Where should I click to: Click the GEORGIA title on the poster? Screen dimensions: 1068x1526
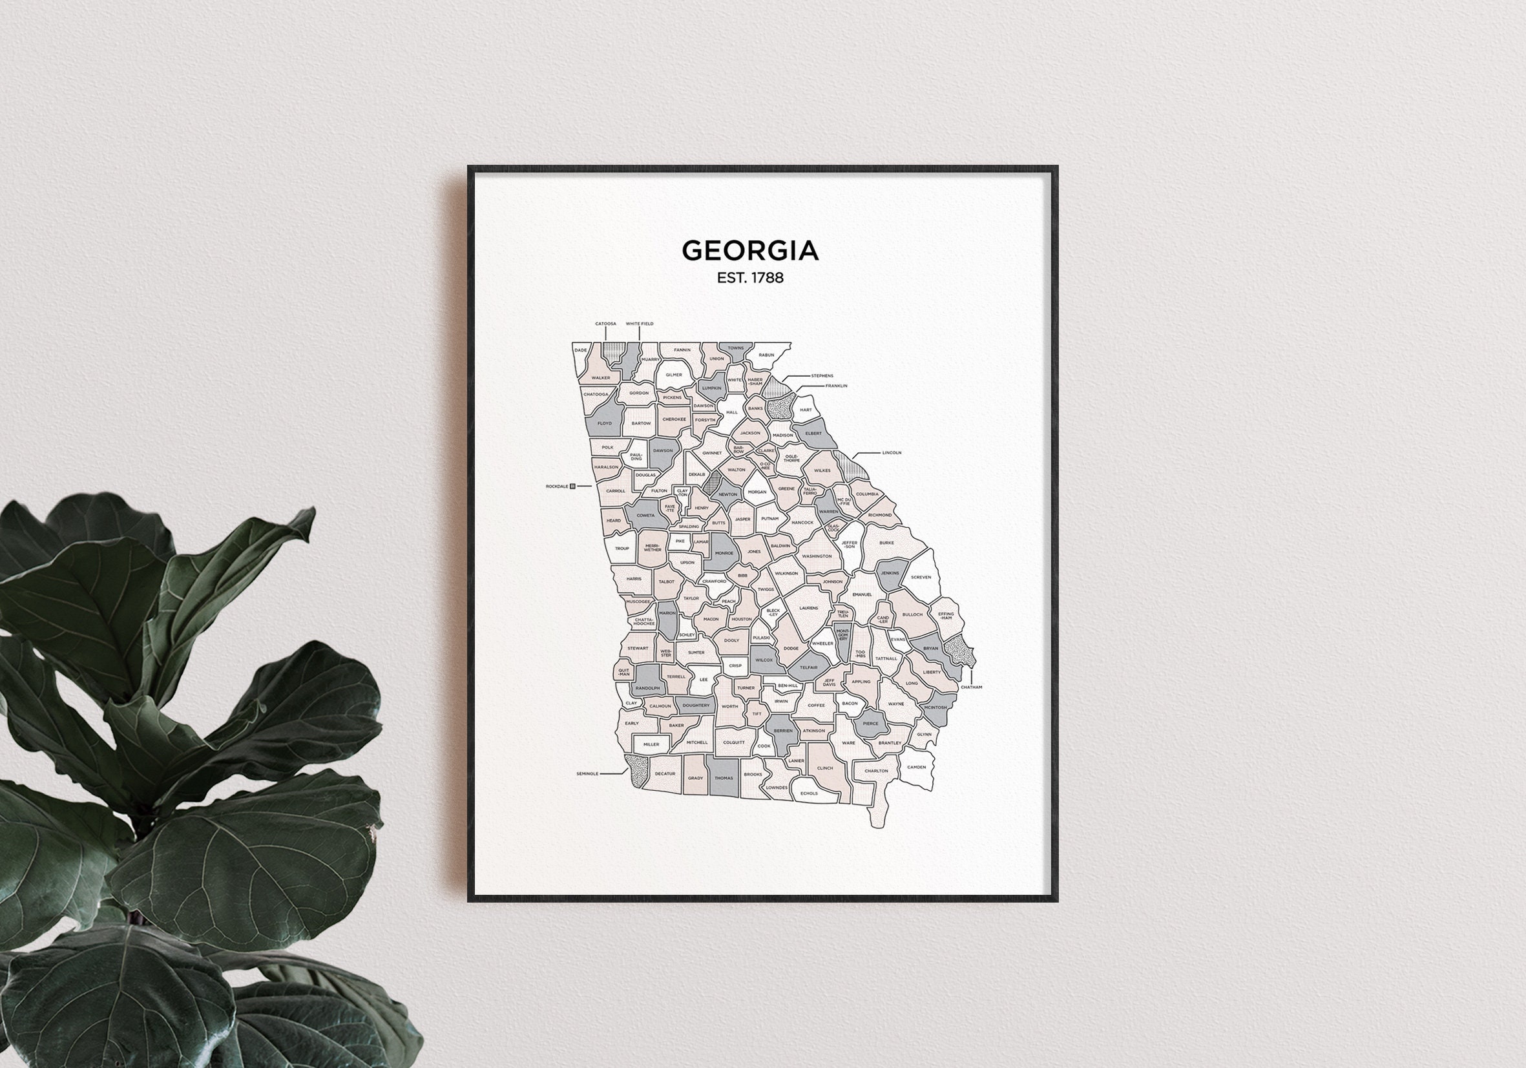[749, 251]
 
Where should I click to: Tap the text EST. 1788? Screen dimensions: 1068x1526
[749, 278]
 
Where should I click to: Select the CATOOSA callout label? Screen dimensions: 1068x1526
[605, 324]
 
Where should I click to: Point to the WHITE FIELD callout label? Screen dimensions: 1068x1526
[640, 324]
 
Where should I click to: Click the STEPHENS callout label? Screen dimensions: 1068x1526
[822, 375]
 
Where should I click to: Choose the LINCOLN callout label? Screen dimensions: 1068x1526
[892, 452]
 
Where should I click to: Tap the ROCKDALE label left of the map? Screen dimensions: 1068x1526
[557, 487]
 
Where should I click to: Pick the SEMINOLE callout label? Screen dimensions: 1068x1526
[587, 773]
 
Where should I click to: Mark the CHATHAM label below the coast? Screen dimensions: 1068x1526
[971, 687]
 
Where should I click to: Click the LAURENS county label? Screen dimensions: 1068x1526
[808, 608]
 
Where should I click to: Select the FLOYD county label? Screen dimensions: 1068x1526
[604, 423]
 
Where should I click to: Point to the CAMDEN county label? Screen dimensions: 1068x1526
[916, 767]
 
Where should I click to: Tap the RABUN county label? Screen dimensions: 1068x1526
[766, 355]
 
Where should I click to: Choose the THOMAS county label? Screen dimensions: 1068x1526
[723, 777]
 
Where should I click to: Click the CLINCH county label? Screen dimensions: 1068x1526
[825, 768]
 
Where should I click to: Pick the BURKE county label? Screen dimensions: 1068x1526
[886, 543]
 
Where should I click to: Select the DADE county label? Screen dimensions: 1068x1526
[581, 350]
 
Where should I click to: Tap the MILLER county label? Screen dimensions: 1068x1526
[651, 744]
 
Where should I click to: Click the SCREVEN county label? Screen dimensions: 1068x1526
[921, 577]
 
